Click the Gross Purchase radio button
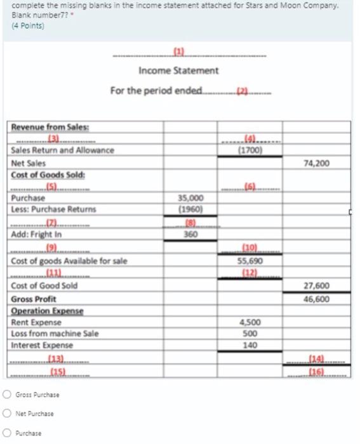tap(6, 395)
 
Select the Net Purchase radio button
tap(6, 414)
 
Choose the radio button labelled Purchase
tap(6, 434)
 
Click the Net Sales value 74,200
tap(317, 163)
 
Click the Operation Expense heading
tap(42, 311)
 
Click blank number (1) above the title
tap(178, 52)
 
